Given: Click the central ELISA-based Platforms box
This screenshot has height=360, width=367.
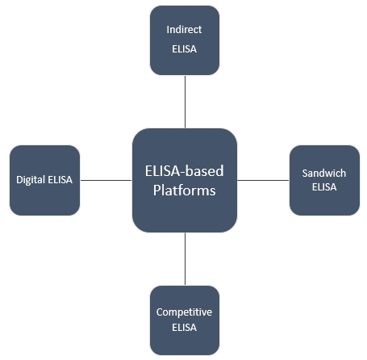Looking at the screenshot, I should (x=184, y=179).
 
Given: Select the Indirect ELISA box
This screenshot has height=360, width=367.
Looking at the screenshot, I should (x=184, y=40).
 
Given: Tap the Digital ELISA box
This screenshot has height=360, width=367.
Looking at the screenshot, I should (x=45, y=179).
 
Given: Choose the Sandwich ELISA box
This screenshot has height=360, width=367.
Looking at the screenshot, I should (x=323, y=179).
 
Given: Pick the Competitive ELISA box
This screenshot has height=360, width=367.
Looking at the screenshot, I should (x=184, y=320).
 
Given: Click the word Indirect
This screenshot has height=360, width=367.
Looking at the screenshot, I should (x=184, y=30).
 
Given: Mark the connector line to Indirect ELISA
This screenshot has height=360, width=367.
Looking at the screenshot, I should (x=184, y=101).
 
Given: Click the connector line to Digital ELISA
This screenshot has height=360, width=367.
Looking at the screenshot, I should (x=106, y=179).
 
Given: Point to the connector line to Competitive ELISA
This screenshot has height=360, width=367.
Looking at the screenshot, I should (x=184, y=258).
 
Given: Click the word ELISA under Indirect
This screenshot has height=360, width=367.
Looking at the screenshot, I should (x=184, y=49).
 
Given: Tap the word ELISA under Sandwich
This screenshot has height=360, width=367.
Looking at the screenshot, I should (x=323, y=187).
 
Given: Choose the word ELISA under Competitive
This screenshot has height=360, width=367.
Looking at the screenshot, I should (x=184, y=328).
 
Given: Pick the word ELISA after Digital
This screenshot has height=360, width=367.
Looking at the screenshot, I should (x=60, y=180).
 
